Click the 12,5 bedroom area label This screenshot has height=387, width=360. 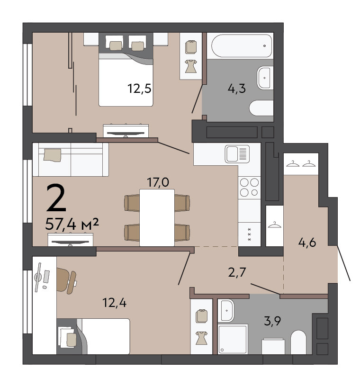point(139,89)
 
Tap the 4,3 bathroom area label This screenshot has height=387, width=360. point(237,89)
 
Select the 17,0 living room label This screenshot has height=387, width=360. point(158,182)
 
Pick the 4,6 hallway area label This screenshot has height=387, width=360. point(307,243)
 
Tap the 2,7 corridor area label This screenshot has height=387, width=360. point(237,272)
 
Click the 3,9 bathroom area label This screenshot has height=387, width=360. point(272,321)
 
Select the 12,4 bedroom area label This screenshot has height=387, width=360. point(115,303)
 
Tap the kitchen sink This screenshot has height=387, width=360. point(237,154)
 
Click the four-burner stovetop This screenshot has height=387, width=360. point(249,188)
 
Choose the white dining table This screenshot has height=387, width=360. point(157,218)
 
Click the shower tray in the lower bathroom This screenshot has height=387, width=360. point(233,339)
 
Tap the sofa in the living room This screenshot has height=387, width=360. point(71,160)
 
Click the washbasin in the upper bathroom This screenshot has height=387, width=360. point(265,78)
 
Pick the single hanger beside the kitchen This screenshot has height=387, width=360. point(274,225)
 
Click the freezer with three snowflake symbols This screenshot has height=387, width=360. point(249,234)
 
